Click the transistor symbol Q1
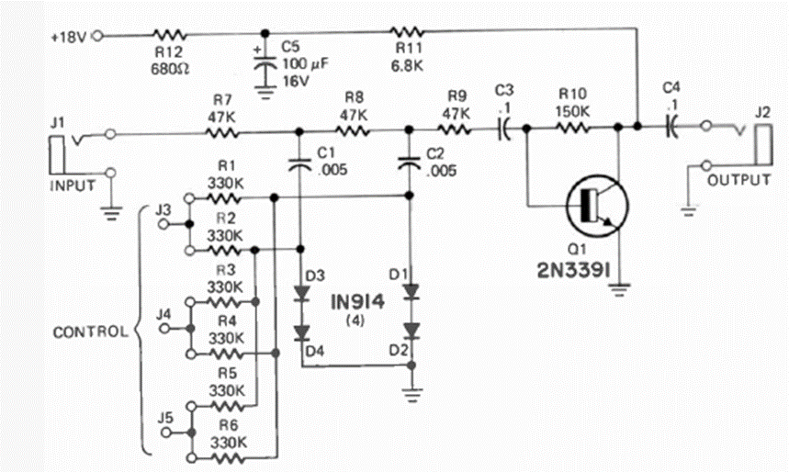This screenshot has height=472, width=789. pyautogui.click(x=592, y=205)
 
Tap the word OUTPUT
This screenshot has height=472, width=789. pyautogui.click(x=739, y=181)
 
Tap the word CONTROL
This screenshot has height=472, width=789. pyautogui.click(x=90, y=332)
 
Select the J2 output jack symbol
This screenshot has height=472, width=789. pyautogui.click(x=760, y=147)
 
